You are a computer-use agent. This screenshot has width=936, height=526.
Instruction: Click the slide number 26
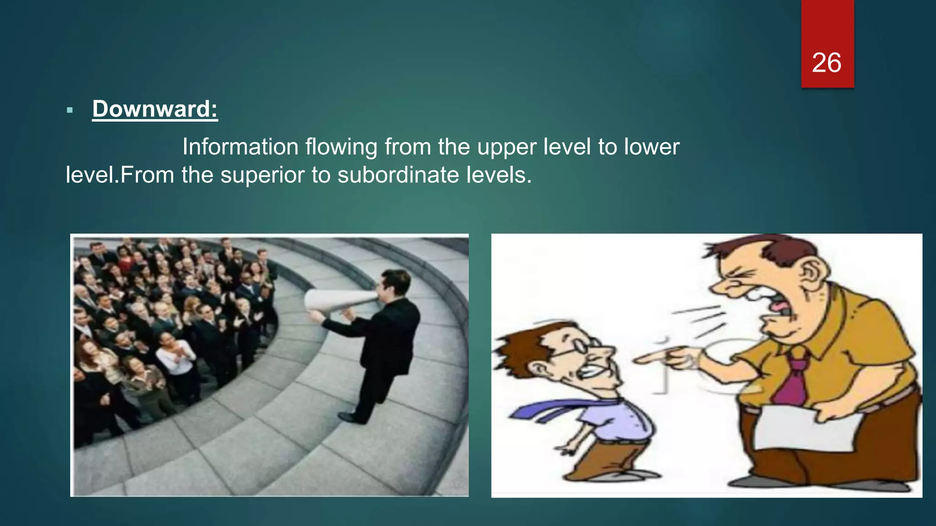pyautogui.click(x=826, y=63)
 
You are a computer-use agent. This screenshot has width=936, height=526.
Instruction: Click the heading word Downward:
pyautogui.click(x=155, y=109)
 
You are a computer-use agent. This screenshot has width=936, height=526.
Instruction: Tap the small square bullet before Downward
pyautogui.click(x=69, y=110)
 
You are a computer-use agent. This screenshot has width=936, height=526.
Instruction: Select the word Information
pyautogui.click(x=240, y=147)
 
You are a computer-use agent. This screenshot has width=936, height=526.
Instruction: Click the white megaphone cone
pyautogui.click(x=336, y=300)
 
